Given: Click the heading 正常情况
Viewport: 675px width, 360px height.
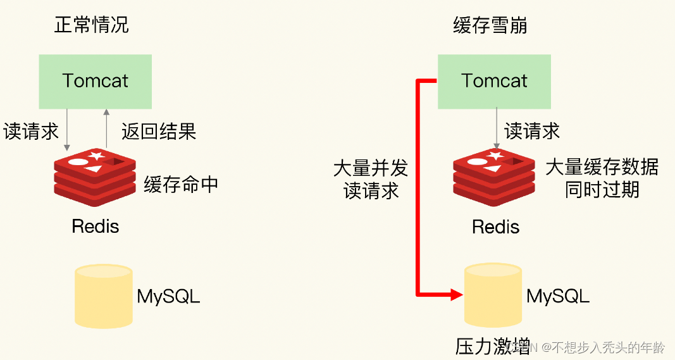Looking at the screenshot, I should [92, 25].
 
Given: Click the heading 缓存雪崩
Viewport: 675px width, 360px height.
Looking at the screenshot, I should [490, 25].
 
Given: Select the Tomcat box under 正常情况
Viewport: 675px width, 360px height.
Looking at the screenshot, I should [96, 81].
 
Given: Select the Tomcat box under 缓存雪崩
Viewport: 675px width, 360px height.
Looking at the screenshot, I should [494, 81].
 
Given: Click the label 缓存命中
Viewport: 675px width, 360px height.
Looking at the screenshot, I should [181, 184].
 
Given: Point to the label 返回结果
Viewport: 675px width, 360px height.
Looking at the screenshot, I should [159, 131].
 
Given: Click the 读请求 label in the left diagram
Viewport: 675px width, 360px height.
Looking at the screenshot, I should [31, 131].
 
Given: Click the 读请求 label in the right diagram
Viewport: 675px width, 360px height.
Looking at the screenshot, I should [532, 131].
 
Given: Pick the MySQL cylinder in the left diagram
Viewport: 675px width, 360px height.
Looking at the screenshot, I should [103, 296].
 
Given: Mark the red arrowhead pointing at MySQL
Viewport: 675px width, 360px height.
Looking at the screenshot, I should [457, 294].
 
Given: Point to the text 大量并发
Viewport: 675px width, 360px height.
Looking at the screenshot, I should [371, 168].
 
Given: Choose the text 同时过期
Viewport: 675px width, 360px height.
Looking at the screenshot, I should [602, 189].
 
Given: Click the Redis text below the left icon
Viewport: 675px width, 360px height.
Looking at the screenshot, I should [96, 226].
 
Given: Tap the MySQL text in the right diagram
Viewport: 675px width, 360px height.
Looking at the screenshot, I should [558, 296].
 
